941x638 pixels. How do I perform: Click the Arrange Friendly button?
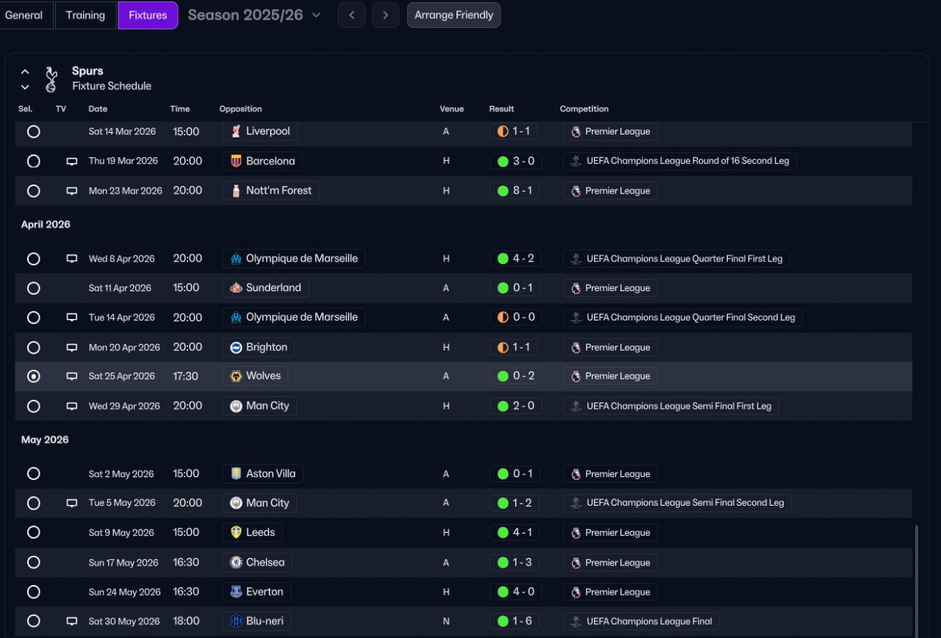click(x=454, y=15)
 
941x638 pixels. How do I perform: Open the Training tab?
click(x=85, y=15)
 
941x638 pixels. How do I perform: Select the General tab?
click(x=24, y=15)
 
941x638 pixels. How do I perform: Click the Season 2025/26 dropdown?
click(x=254, y=15)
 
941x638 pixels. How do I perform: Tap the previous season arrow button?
click(x=351, y=15)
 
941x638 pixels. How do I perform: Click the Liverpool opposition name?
click(x=268, y=132)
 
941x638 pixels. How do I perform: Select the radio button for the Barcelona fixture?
click(x=33, y=161)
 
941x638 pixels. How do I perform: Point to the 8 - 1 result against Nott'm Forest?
click(x=515, y=190)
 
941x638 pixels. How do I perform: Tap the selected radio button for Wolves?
click(x=33, y=376)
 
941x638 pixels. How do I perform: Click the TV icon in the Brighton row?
click(x=72, y=347)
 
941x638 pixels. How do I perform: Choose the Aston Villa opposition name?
click(x=271, y=474)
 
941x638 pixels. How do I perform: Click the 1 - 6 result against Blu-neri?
click(x=515, y=621)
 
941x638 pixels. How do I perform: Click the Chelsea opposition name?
click(x=265, y=562)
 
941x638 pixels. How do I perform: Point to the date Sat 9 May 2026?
click(x=121, y=533)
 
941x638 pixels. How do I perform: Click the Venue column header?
click(x=451, y=109)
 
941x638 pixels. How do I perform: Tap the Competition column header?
click(x=584, y=109)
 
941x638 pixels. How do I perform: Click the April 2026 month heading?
click(x=46, y=224)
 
